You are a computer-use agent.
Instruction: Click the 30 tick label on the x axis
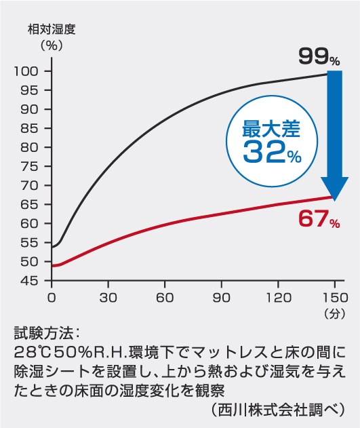click(x=108, y=298)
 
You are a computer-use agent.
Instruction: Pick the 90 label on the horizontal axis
click(x=222, y=298)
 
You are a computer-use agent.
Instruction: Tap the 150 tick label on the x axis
click(x=335, y=298)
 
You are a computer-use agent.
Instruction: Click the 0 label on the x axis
click(x=52, y=298)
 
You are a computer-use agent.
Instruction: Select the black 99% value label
click(x=319, y=57)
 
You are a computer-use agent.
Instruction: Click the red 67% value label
click(x=319, y=219)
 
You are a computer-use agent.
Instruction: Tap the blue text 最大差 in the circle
click(x=271, y=129)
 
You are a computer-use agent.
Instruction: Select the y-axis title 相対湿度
click(x=52, y=30)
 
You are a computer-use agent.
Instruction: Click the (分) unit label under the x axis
click(x=335, y=314)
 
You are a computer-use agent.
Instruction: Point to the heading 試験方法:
click(x=47, y=334)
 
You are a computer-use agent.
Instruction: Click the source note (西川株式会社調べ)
click(x=278, y=410)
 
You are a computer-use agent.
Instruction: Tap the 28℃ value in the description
click(x=33, y=353)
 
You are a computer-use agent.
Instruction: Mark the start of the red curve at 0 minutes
click(x=52, y=266)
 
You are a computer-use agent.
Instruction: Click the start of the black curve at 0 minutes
click(x=52, y=248)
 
